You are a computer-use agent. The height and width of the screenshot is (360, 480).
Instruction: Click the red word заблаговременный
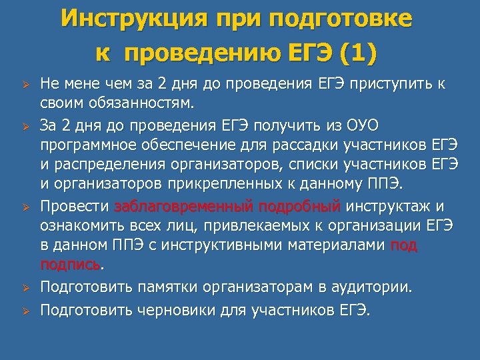(x=182, y=207)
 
